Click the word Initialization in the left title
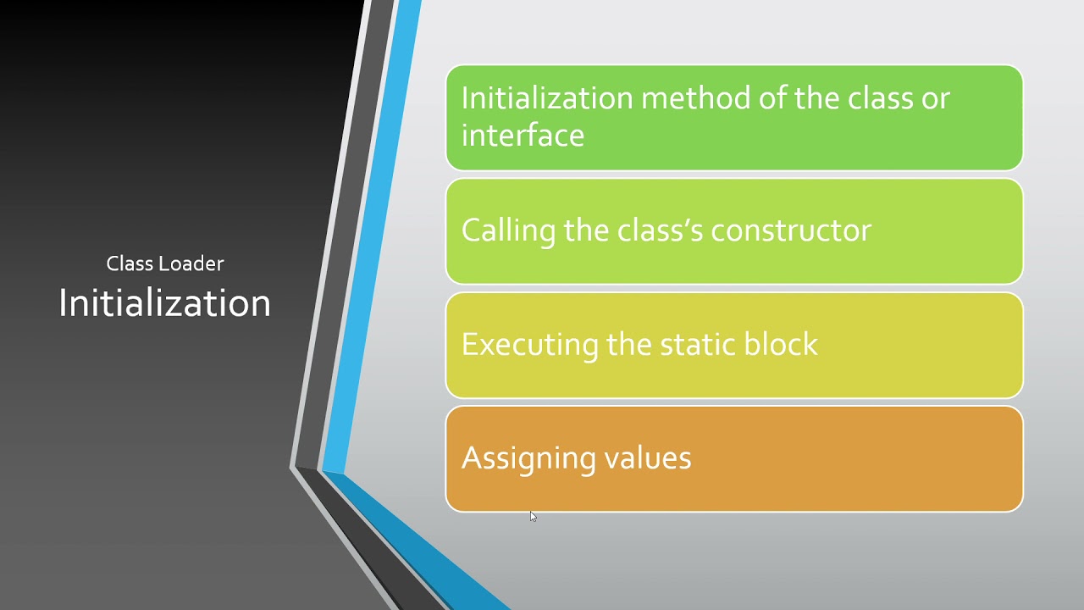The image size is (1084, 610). (x=164, y=303)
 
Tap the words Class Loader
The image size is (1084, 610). (x=165, y=263)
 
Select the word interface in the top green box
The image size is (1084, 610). (x=523, y=136)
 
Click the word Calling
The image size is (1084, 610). (x=507, y=230)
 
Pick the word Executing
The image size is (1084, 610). (x=529, y=344)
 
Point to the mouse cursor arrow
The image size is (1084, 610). (x=533, y=516)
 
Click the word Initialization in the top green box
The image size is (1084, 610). (x=546, y=98)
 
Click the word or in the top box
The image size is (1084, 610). (x=934, y=98)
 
